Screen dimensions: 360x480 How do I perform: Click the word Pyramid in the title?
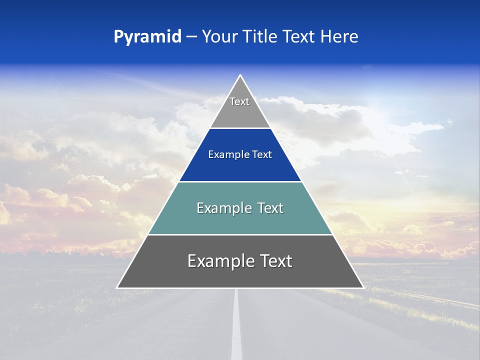click(x=147, y=37)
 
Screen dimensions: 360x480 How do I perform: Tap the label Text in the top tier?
click(x=239, y=101)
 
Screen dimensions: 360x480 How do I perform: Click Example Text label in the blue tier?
click(x=240, y=154)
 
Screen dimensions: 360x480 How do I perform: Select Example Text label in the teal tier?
click(x=240, y=208)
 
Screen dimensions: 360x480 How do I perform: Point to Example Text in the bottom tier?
click(x=240, y=261)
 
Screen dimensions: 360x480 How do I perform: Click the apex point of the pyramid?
click(x=240, y=76)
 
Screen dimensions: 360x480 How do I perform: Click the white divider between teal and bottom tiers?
click(x=240, y=234)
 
